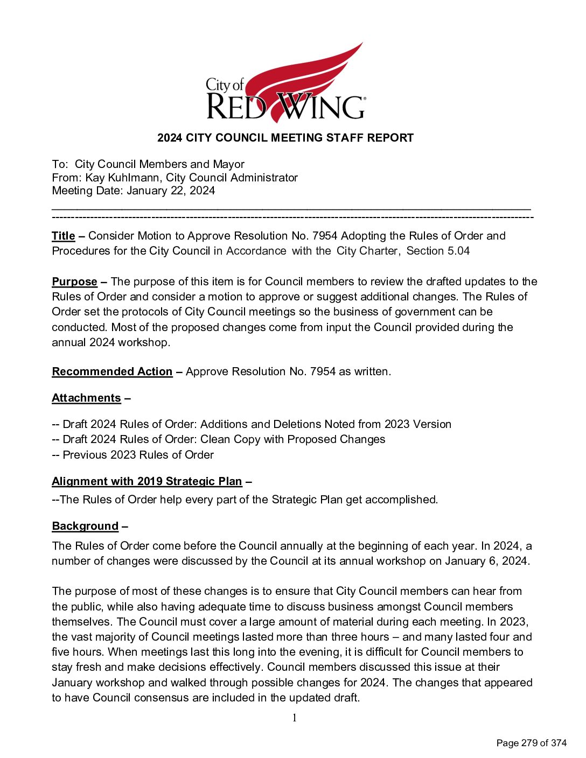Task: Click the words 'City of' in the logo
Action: point(225,85)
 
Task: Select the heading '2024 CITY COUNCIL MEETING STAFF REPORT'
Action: point(285,138)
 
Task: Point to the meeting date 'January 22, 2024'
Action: point(171,191)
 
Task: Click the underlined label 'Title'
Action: point(63,236)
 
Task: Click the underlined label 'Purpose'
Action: point(74,282)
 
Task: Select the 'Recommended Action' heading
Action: point(112,371)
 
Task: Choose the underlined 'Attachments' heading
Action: point(86,398)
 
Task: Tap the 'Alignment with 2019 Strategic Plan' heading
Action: point(146,481)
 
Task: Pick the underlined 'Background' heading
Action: point(85,526)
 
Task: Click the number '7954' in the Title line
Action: point(324,236)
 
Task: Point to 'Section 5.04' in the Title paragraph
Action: point(438,251)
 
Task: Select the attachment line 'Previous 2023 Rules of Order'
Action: point(138,455)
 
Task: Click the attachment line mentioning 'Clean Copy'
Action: point(224,439)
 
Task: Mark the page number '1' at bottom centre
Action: point(294,718)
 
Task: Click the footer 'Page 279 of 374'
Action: point(531,743)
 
